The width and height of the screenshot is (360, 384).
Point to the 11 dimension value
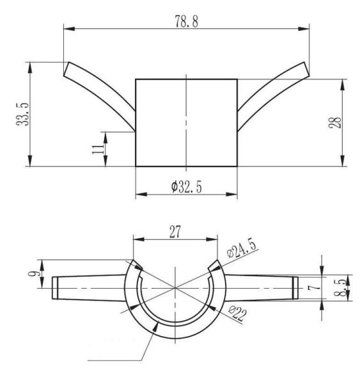(x=97, y=149)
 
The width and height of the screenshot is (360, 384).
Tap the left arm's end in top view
(x=54, y=287)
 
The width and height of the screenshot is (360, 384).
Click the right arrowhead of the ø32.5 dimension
(x=233, y=195)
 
